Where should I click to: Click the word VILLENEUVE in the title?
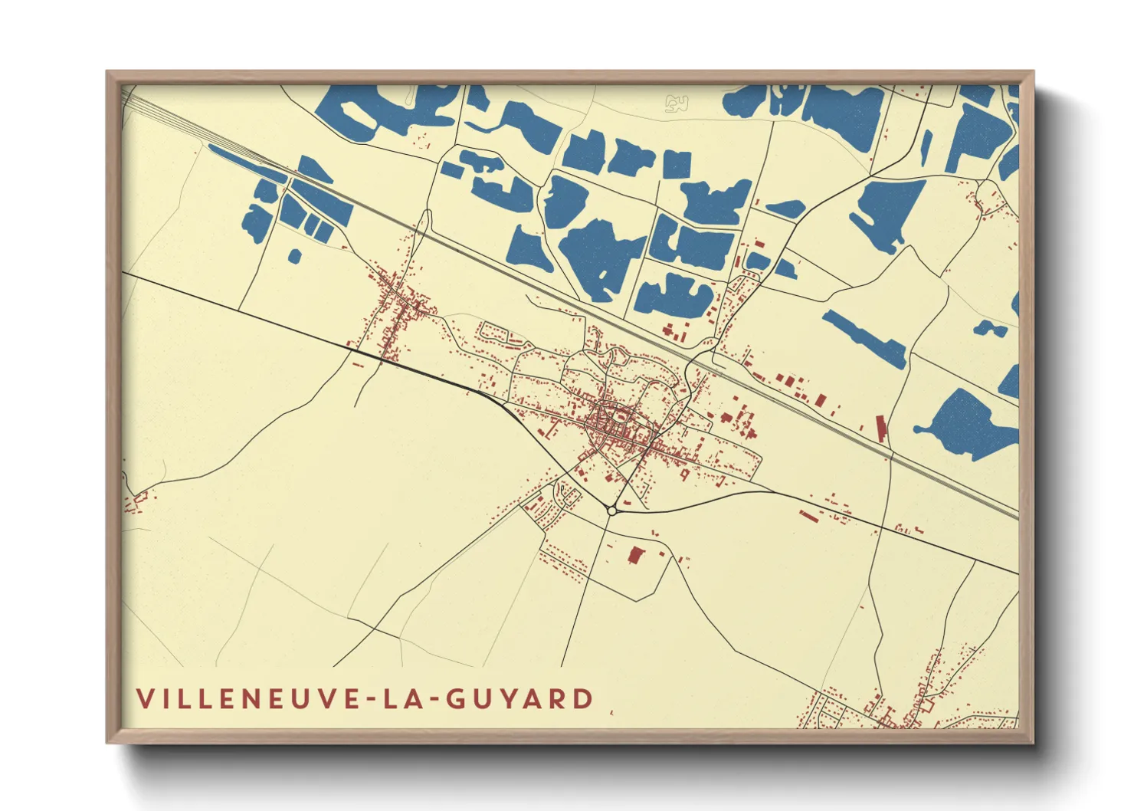244,698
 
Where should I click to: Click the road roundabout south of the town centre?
611,510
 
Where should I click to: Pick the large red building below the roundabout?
634,555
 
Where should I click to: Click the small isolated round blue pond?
294,255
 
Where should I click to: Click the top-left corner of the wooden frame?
109,74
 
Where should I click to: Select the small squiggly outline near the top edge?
676,103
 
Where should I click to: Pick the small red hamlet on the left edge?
136,501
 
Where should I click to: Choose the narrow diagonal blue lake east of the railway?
864,338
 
